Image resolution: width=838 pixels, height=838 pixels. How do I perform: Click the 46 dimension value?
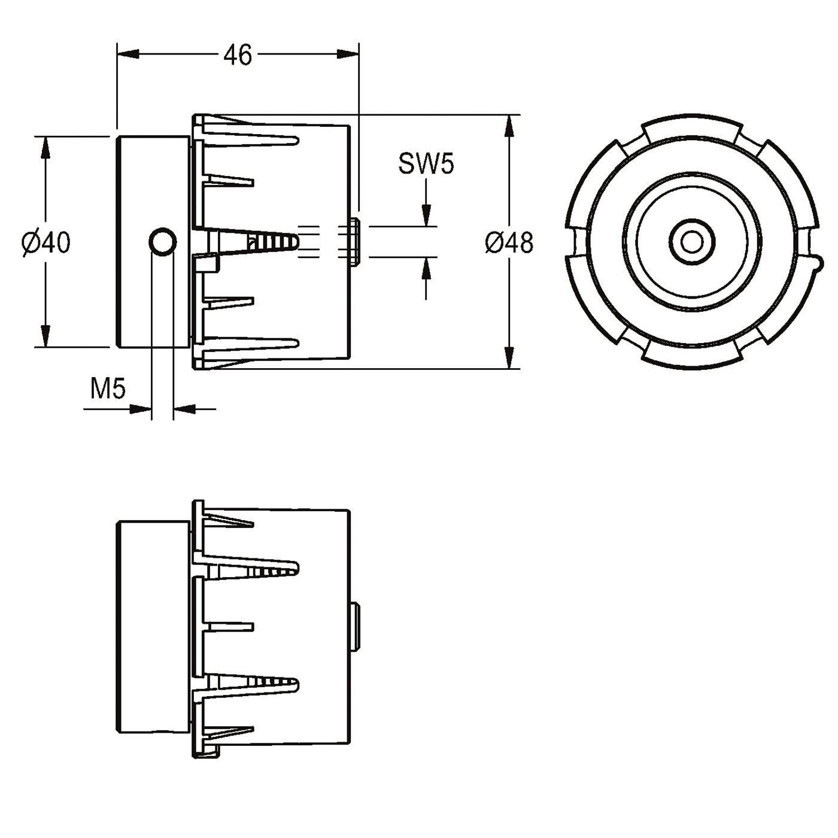238,55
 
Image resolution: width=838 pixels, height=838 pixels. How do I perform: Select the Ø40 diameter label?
45,242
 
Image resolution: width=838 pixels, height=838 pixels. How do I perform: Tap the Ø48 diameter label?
509,242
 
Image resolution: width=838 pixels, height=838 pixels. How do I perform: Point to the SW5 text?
426,164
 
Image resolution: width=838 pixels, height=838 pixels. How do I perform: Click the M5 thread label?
107,388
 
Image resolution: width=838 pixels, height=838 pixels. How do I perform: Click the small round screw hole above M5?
163,242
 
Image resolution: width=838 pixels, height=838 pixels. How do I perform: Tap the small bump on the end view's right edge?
819,263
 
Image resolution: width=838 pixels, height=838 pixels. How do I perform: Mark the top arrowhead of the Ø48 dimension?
509,127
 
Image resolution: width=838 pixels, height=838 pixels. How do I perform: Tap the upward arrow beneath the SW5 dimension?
426,278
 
